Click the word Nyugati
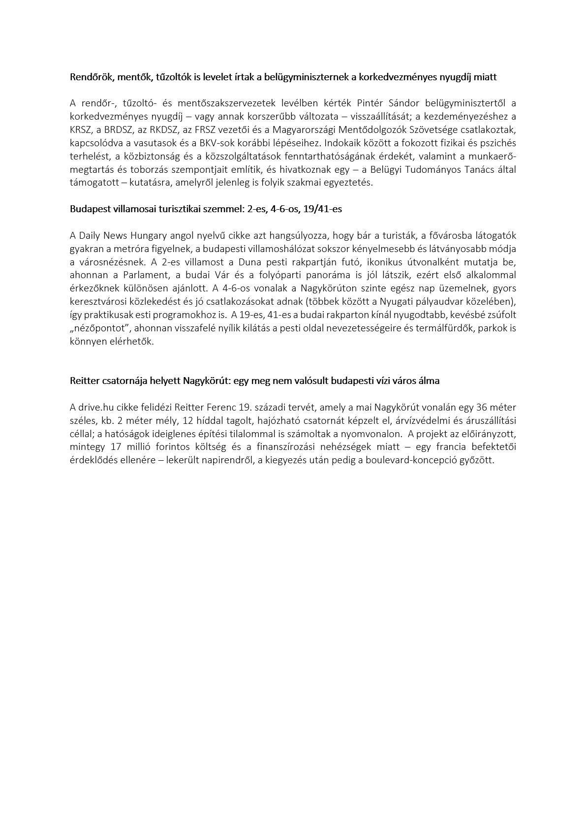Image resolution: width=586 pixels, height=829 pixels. point(413,301)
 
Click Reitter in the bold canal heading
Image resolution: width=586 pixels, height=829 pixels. point(85,381)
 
